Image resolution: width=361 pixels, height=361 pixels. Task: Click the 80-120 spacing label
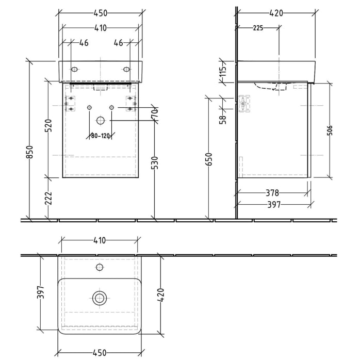(101, 136)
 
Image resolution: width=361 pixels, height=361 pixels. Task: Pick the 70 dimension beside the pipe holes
(154, 114)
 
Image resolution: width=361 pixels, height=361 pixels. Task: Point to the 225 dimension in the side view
(258, 28)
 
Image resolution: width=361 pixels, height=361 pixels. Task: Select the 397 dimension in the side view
(273, 205)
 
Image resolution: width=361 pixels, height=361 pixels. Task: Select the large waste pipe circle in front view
(100, 121)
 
